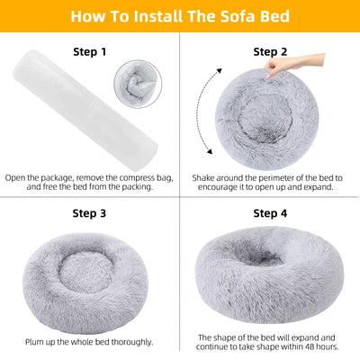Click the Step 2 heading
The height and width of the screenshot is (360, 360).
click(x=271, y=53)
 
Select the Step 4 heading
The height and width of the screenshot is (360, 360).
click(x=271, y=213)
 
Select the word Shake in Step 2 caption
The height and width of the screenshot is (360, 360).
click(x=207, y=178)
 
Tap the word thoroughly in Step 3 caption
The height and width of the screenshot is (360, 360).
click(x=128, y=342)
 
